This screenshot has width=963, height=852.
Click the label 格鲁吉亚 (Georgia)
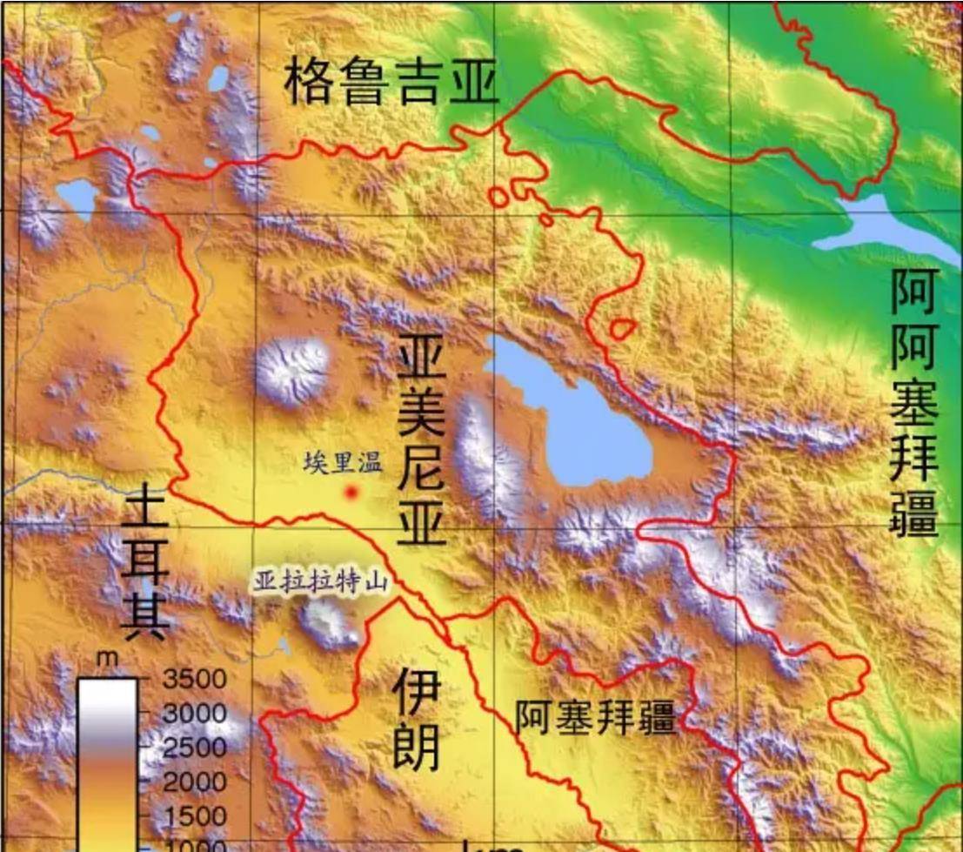(x=391, y=84)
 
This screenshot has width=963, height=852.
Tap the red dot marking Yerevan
(x=351, y=493)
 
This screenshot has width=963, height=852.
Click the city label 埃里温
(x=343, y=462)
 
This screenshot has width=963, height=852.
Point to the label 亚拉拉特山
(x=320, y=580)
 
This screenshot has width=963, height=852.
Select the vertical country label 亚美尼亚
(x=422, y=443)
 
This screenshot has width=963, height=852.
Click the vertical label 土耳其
(x=145, y=565)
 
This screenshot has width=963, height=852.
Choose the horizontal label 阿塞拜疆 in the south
(x=595, y=717)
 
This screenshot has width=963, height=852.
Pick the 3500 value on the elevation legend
(x=193, y=678)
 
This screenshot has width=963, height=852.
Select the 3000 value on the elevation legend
(x=193, y=713)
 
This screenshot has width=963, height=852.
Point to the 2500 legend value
(x=193, y=748)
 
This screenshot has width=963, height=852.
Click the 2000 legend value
(x=193, y=782)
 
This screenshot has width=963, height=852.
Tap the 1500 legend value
(x=193, y=816)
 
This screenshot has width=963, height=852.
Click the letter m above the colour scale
(x=106, y=660)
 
